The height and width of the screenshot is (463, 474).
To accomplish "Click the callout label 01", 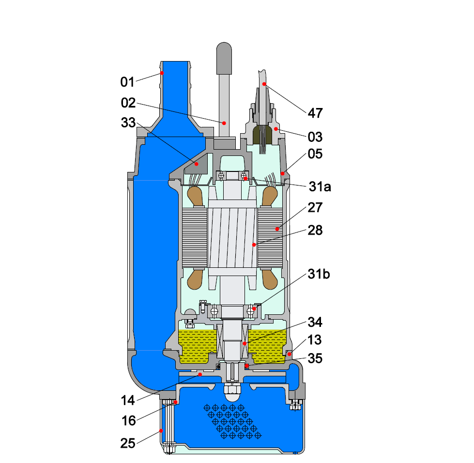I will click(x=127, y=82).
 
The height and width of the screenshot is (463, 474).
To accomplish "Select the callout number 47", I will click(x=315, y=113).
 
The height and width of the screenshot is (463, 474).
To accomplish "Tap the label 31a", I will click(x=320, y=186).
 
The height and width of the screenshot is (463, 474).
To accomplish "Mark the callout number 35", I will click(x=315, y=359).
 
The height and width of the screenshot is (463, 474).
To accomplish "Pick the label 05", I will click(x=315, y=154).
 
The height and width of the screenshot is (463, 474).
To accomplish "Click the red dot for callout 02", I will click(x=224, y=123).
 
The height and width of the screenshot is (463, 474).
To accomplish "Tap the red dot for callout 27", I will click(x=276, y=229).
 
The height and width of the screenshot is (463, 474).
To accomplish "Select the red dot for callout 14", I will click(x=199, y=374).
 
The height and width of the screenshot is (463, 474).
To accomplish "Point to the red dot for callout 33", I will click(x=197, y=165).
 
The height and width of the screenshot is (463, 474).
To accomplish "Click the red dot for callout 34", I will click(x=244, y=343).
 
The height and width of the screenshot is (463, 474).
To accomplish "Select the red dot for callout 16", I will click(x=176, y=402).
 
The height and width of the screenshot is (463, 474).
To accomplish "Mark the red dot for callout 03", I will click(x=275, y=129).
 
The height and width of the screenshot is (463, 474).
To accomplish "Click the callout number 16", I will click(x=129, y=421).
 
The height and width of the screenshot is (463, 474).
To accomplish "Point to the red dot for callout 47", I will click(x=264, y=84).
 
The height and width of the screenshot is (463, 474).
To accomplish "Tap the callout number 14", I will click(x=129, y=400).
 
